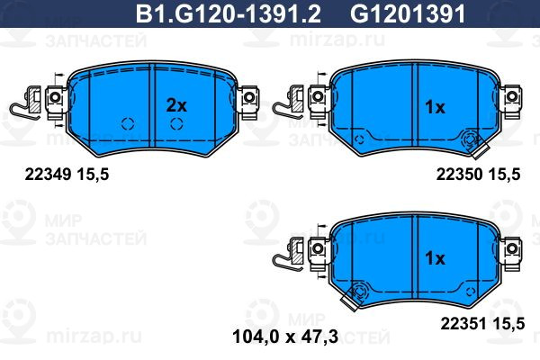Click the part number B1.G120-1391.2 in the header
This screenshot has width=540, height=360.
(229, 14)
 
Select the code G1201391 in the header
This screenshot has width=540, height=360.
(408, 14)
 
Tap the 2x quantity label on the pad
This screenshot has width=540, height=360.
(176, 105)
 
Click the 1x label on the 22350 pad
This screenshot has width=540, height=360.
(435, 107)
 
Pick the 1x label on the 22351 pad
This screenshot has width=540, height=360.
(435, 257)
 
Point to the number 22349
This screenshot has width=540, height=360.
(48, 175)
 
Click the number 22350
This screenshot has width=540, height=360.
(459, 175)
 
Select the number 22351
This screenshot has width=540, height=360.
(463, 324)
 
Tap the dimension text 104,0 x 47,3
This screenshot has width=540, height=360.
(285, 337)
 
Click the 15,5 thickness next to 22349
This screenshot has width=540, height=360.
(93, 175)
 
